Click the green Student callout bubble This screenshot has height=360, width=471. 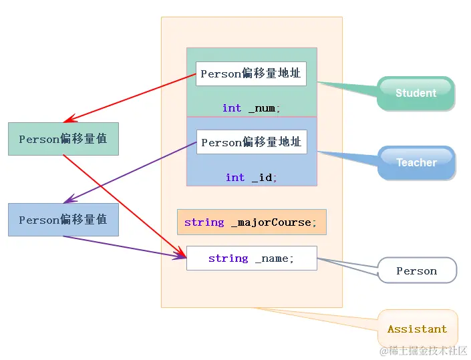[416, 93]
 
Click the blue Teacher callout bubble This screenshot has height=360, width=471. [416, 162]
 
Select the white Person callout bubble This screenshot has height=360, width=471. [417, 271]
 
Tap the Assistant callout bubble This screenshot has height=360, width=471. [418, 329]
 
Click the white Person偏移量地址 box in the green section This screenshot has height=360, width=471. [251, 73]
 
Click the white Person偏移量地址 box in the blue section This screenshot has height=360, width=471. [251, 142]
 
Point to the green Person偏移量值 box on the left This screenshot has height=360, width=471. [63, 139]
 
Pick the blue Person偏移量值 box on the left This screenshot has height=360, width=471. [63, 220]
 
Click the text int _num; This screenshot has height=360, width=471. [251, 108]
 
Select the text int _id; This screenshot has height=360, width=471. [251, 177]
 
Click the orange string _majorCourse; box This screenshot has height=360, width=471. [251, 222]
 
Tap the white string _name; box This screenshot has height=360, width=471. [251, 258]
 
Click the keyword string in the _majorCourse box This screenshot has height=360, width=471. [204, 222]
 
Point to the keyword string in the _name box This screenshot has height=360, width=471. [228, 258]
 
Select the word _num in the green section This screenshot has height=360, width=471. [264, 108]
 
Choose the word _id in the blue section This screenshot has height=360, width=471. [264, 177]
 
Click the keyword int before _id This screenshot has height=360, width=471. [234, 177]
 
